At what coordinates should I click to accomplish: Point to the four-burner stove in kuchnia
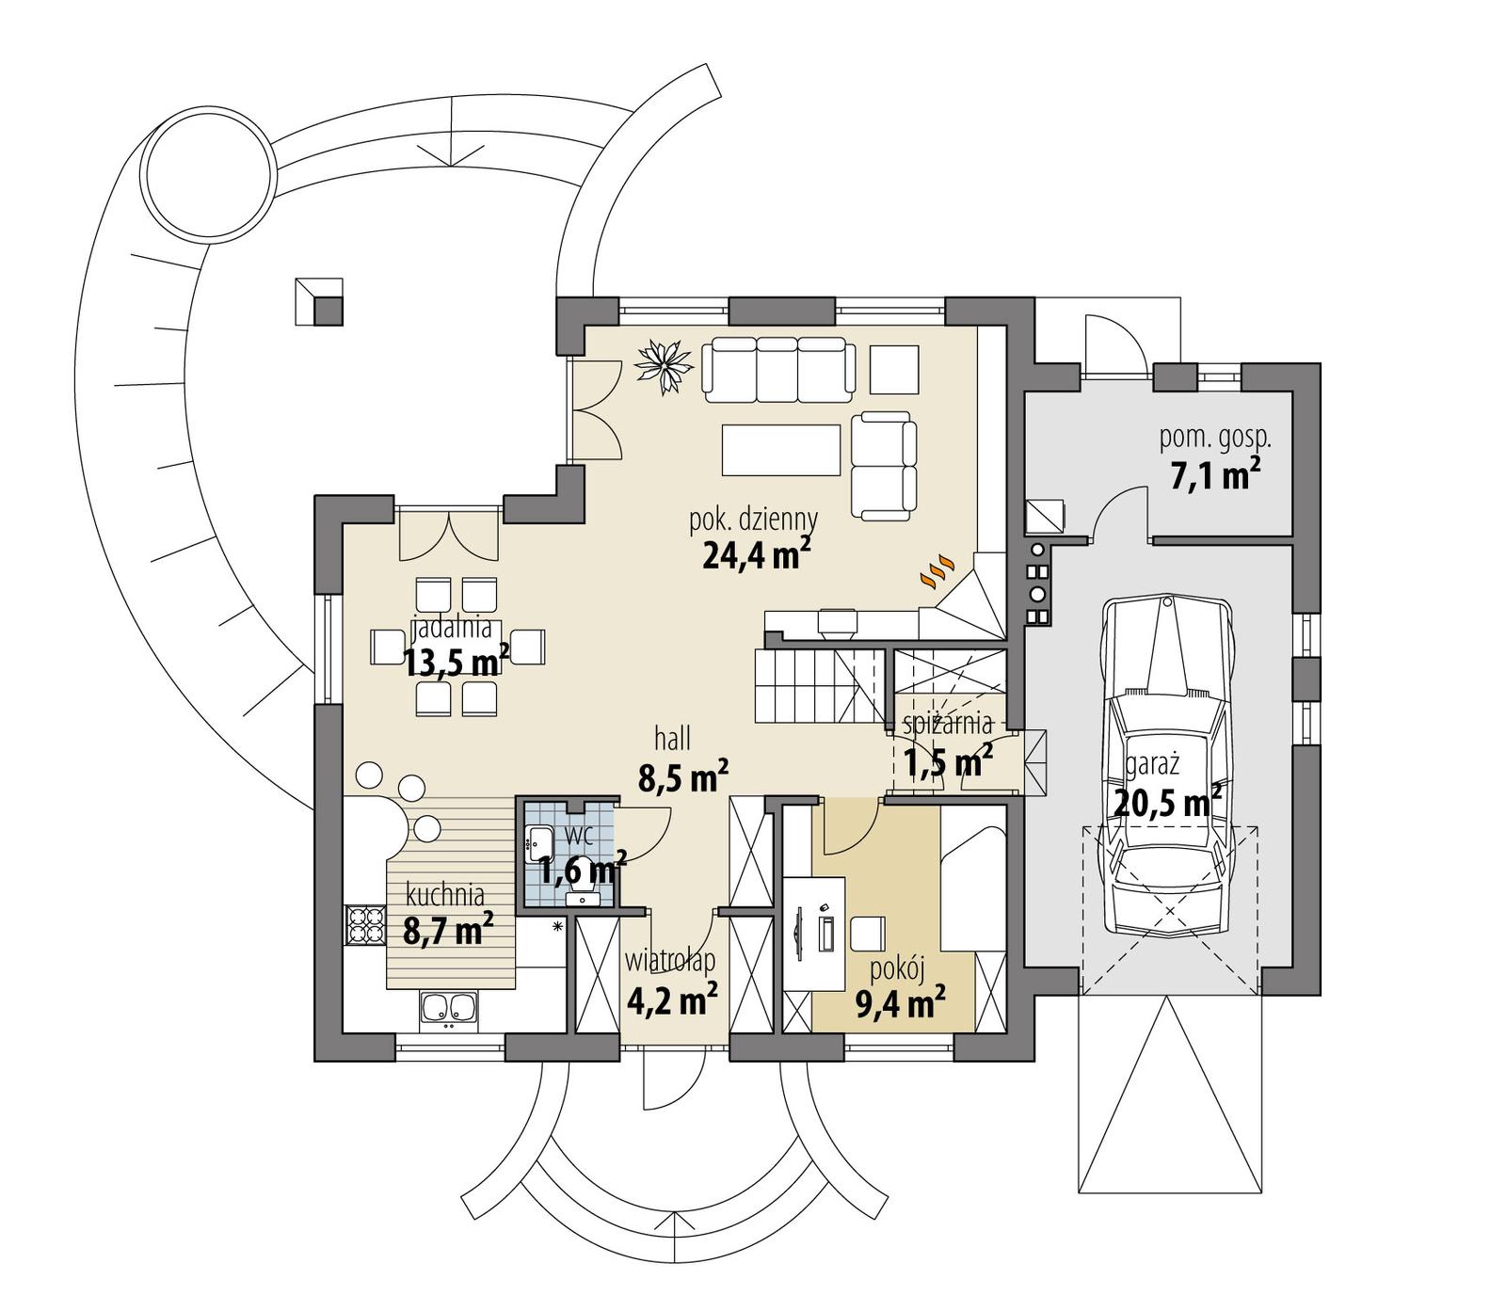(365, 923)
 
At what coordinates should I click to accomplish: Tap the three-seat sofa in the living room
(778, 367)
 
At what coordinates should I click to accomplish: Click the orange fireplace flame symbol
(937, 572)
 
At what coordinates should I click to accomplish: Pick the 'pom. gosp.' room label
(1214, 437)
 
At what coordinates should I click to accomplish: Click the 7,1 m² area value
(1214, 476)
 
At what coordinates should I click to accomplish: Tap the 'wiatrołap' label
(670, 961)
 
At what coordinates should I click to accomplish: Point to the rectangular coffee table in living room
(781, 450)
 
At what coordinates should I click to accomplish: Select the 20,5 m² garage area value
(1167, 803)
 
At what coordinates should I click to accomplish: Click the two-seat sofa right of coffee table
(884, 465)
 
